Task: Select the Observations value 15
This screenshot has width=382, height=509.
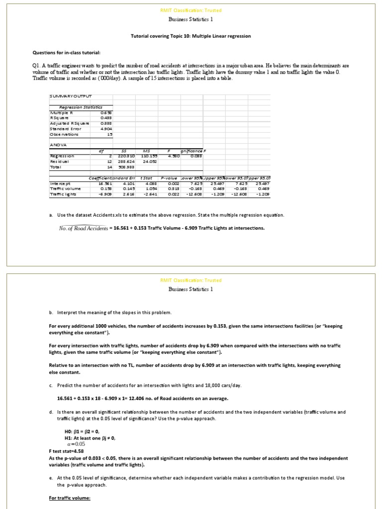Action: [110, 134]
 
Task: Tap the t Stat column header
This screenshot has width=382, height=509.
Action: [146, 178]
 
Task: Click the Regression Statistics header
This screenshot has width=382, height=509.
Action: [80, 107]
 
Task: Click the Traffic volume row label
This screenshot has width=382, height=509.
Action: [65, 189]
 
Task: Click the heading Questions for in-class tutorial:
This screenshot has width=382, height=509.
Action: [67, 52]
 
